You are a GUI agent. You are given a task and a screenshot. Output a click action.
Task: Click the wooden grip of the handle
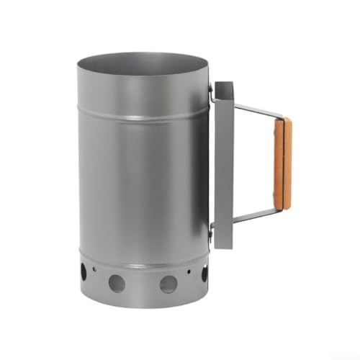pos(287,163)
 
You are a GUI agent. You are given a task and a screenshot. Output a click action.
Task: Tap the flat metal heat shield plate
pos(222,166)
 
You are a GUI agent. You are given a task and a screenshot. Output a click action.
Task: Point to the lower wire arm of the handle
pos(256,217)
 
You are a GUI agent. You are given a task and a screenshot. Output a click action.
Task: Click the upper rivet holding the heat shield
pos(211,91)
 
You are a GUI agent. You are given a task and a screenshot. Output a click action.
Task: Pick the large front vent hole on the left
pos(117,283)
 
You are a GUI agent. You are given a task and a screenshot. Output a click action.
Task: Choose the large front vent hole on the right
pos(168,282)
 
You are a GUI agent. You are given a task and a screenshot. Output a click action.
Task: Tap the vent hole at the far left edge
pos(84,273)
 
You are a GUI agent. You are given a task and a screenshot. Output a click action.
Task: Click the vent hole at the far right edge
pos(204,273)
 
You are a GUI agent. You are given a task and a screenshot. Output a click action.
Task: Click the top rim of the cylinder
pos(144,55)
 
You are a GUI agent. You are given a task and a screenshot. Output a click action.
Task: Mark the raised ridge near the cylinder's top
pos(144,114)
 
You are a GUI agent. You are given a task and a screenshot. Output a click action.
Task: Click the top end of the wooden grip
pos(287,121)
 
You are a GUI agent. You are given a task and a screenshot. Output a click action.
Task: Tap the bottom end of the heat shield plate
pos(222,245)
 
